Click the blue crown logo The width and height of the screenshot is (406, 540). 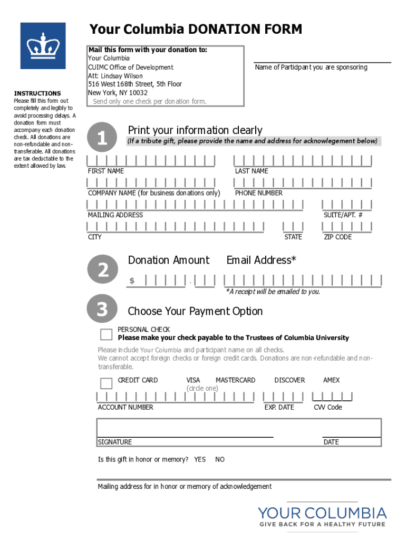[43, 45]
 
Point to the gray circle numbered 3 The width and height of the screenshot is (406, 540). [102, 310]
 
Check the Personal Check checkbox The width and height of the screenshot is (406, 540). [107, 334]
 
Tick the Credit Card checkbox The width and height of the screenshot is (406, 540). [107, 383]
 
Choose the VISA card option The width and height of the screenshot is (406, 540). [193, 380]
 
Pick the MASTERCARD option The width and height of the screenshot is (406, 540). [235, 380]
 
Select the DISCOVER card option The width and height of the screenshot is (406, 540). [289, 380]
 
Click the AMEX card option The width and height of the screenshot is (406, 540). [331, 380]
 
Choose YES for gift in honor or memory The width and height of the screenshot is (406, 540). [200, 460]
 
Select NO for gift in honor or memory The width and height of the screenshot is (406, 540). [220, 460]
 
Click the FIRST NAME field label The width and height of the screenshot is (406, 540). [106, 171]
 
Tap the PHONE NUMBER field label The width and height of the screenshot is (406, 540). [259, 193]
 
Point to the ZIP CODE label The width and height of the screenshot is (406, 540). [337, 237]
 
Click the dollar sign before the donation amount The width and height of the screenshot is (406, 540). [132, 281]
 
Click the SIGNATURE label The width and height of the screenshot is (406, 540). [115, 442]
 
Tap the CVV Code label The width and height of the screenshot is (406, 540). [328, 407]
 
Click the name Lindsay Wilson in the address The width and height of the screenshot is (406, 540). [122, 76]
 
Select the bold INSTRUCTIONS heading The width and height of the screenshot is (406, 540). [37, 93]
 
